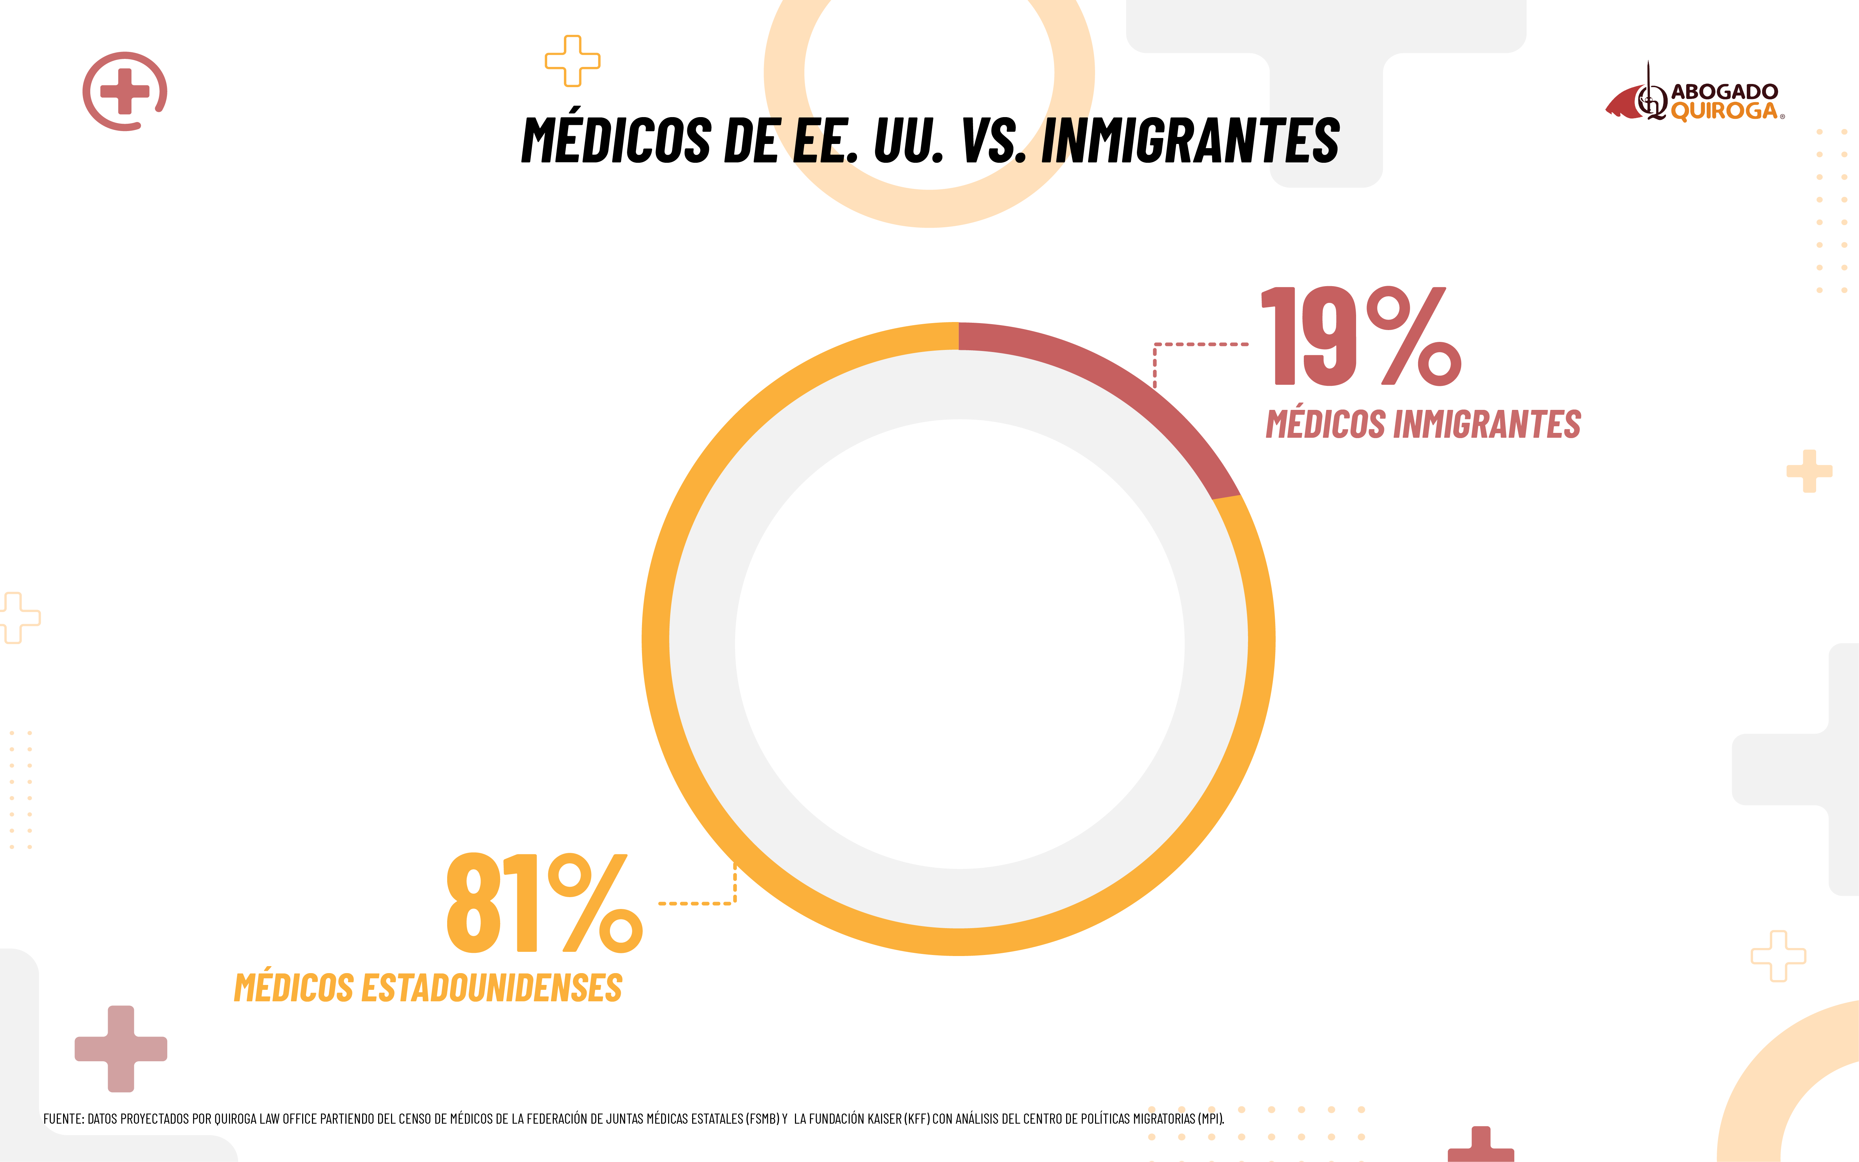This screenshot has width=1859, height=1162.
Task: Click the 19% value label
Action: [1360, 337]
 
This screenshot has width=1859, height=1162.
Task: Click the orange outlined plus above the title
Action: [573, 61]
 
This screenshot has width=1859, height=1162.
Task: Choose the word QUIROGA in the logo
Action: [1724, 112]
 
